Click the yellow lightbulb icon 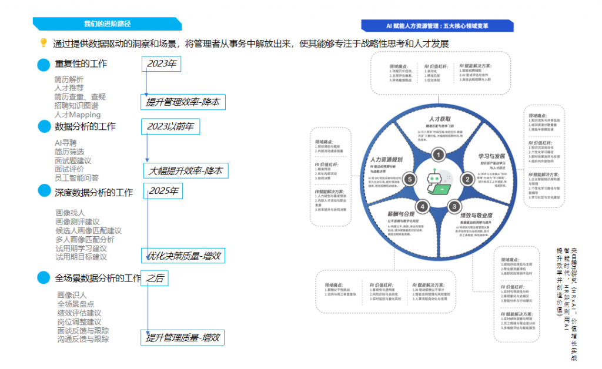43,43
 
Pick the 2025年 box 164,191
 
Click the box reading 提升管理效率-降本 183,102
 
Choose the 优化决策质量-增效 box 182,256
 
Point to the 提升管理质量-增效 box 182,337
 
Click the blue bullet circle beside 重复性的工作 44,65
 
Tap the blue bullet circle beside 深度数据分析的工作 44,191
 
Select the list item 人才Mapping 77,115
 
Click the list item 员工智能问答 76,178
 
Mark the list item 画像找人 70,213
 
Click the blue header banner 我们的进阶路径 107,24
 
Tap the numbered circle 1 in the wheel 438,155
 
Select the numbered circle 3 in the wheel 454,207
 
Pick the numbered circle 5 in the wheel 410,179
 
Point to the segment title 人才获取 439,118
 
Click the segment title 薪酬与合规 401,214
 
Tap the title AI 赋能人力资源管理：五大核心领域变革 437,25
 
